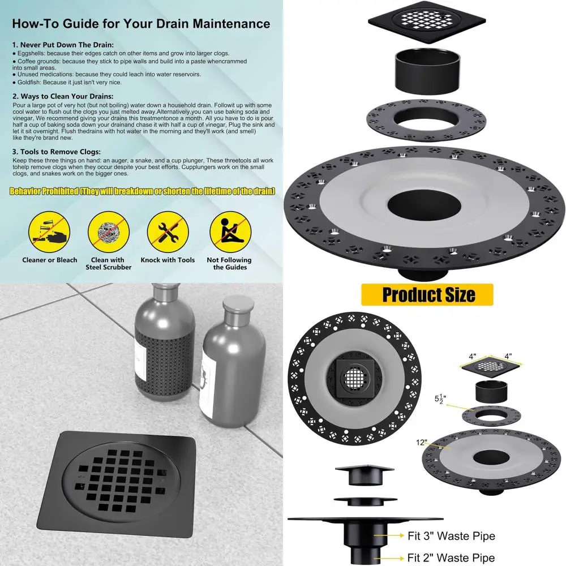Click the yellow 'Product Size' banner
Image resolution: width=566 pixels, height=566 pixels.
coord(427,295)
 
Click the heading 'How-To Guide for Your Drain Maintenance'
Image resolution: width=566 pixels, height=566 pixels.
coord(141,24)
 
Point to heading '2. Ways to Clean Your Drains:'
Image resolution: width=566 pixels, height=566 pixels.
coord(63,96)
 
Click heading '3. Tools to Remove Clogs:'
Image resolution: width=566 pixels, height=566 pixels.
coord(57,152)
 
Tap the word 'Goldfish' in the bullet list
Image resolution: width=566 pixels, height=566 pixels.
coord(30,82)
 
